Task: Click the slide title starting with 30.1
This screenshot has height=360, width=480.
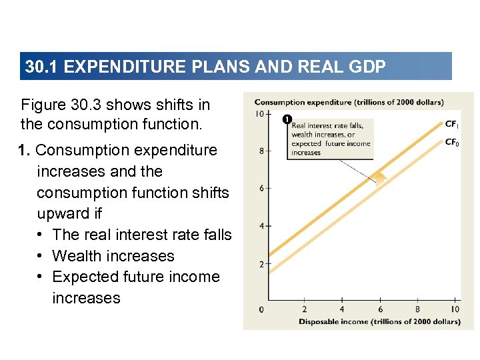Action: click(205, 67)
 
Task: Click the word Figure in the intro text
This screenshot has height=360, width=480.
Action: click(45, 105)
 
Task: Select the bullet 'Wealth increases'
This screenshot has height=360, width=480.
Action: click(113, 256)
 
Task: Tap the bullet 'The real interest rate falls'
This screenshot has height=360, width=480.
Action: click(141, 235)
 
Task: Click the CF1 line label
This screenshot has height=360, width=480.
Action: click(451, 124)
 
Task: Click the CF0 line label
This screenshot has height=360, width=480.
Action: click(451, 143)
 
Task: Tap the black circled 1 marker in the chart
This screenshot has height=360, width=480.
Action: click(286, 120)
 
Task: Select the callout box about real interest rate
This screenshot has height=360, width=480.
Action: click(331, 139)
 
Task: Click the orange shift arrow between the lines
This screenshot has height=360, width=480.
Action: click(379, 177)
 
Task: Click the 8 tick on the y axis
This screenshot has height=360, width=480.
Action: click(262, 151)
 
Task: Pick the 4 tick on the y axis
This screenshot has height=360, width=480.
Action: click(262, 227)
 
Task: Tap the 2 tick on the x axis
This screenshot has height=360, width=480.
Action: click(305, 309)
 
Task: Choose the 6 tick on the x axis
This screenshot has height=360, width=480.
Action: click(380, 309)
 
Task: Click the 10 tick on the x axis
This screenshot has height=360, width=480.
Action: click(455, 309)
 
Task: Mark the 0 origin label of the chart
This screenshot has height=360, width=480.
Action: click(261, 309)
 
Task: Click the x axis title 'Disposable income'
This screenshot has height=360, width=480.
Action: click(379, 321)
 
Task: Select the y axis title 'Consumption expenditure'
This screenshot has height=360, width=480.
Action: click(349, 103)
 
